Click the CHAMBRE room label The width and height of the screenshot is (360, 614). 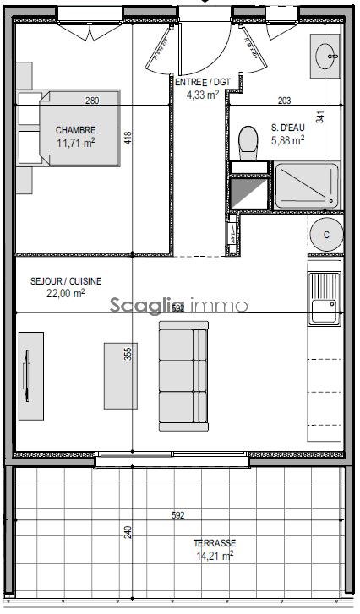click(x=75, y=130)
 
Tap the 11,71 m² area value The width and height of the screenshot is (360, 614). click(x=75, y=143)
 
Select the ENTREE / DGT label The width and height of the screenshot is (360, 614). click(x=203, y=82)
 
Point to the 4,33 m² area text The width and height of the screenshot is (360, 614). click(x=203, y=95)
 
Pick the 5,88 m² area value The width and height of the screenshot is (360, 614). click(x=287, y=141)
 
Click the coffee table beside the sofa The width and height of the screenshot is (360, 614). click(x=121, y=375)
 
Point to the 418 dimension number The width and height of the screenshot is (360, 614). click(x=128, y=137)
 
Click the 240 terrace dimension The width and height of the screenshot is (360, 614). click(x=128, y=532)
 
